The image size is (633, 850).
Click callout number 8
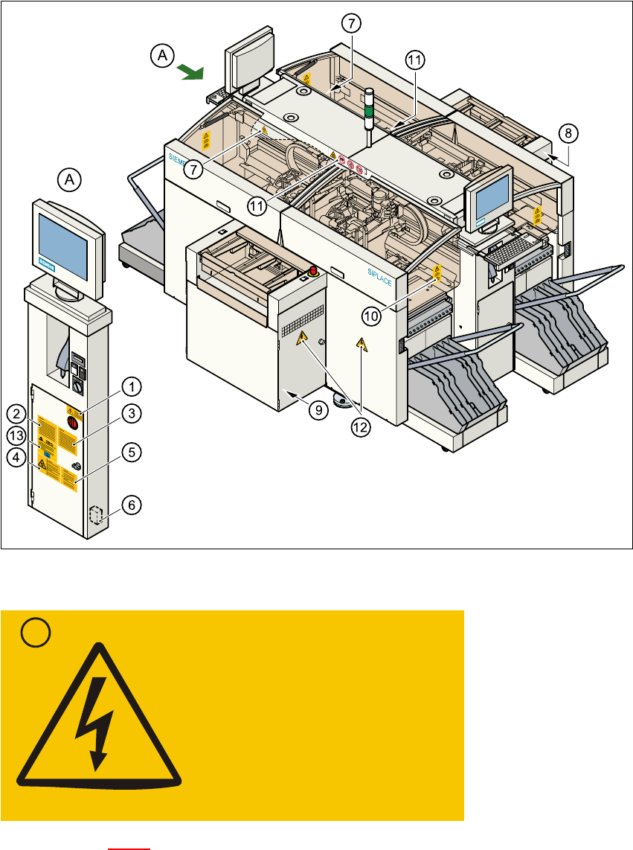[x=568, y=134]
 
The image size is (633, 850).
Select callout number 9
[x=318, y=409]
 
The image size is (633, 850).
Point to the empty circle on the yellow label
[x=35, y=633]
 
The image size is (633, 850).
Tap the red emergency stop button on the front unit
[x=313, y=271]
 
